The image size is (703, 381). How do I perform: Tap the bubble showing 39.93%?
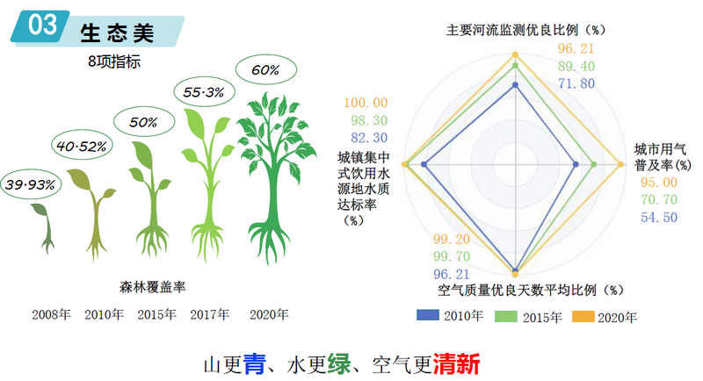click(32, 185)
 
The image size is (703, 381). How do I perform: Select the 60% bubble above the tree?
click(265, 69)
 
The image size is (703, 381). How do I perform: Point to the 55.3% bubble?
click(204, 91)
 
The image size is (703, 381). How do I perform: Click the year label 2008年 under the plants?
click(51, 314)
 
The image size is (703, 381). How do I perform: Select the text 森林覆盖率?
click(153, 287)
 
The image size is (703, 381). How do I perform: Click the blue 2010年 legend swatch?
click(427, 316)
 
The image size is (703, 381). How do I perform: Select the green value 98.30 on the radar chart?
click(368, 120)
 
